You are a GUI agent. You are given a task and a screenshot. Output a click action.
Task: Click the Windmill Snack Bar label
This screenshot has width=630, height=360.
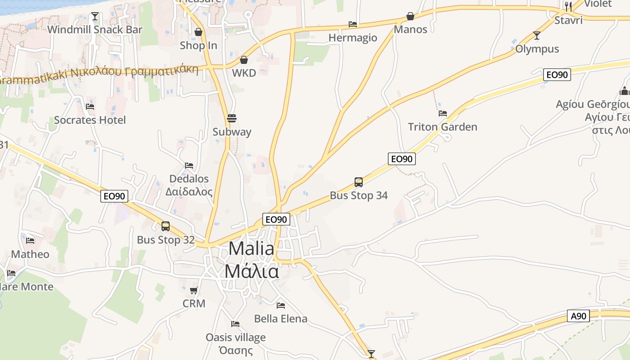tap(94, 30)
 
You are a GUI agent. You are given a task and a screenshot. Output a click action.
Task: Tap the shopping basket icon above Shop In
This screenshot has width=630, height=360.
tap(198, 32)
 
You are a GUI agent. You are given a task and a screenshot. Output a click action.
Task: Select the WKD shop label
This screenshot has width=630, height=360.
tap(244, 73)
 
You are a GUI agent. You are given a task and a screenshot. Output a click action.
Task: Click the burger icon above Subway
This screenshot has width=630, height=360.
tap(232, 118)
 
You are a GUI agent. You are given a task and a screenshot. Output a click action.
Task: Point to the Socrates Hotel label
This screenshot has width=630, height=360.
tap(90, 120)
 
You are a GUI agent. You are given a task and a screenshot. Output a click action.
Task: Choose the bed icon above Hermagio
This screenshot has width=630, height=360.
tap(353, 24)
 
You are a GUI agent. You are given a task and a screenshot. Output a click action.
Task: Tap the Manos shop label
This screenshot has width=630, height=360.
tap(410, 30)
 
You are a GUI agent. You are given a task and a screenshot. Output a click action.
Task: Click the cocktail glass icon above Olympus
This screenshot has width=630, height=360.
tap(536, 36)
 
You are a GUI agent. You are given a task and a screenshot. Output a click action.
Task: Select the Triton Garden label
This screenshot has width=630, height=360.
tap(442, 127)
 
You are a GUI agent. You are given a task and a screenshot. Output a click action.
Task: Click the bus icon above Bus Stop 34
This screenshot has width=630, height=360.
tap(359, 182)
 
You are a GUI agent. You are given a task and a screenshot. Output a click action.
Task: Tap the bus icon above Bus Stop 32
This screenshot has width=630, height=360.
tap(166, 226)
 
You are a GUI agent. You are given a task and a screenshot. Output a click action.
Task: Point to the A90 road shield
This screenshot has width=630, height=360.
tap(578, 316)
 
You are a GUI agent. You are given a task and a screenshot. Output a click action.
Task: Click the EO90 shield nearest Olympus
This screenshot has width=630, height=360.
tap(557, 75)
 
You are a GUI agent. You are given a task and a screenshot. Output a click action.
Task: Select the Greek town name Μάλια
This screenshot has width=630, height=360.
tap(252, 271)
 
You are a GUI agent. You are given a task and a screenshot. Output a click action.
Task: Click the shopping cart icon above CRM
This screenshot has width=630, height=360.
tap(194, 291)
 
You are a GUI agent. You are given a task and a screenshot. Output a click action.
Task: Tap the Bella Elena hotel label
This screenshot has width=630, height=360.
tap(281, 319)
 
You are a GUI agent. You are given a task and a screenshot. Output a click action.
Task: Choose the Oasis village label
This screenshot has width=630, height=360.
tap(236, 337)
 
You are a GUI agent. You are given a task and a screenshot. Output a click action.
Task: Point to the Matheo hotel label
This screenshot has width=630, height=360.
tap(30, 254)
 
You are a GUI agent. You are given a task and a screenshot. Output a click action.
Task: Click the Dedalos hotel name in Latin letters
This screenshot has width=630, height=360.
tap(189, 179)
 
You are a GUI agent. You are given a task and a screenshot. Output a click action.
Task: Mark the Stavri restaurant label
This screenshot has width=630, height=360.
tap(568, 20)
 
